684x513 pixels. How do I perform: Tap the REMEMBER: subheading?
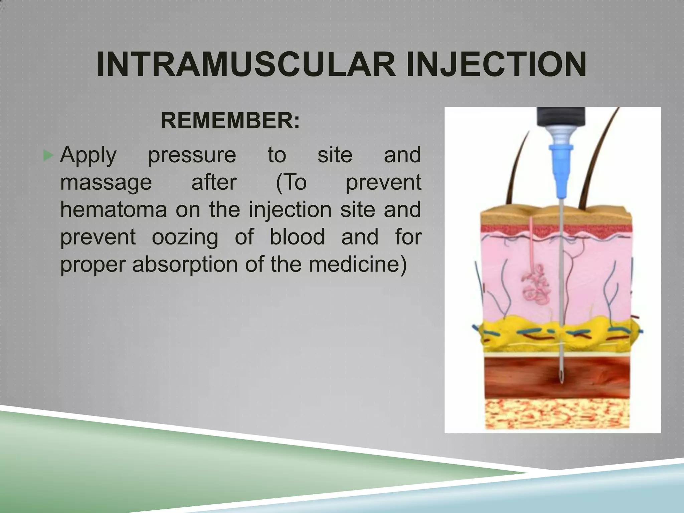(x=230, y=121)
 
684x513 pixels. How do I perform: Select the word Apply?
(x=88, y=156)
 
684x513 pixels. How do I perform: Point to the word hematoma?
(x=114, y=210)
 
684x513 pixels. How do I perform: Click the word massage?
(x=106, y=183)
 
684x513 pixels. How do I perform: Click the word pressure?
(x=192, y=156)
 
